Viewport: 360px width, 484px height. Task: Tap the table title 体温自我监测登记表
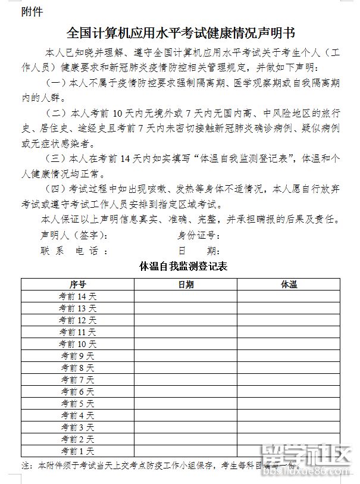click(x=183, y=266)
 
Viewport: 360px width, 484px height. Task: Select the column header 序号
click(x=77, y=285)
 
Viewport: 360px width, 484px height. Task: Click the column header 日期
click(x=186, y=285)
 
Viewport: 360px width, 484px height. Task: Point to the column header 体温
click(x=289, y=285)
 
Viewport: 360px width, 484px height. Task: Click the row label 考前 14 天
click(x=77, y=296)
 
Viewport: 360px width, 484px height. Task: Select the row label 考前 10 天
click(x=77, y=344)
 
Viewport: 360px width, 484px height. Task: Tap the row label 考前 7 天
click(x=77, y=380)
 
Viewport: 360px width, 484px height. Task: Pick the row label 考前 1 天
click(x=77, y=451)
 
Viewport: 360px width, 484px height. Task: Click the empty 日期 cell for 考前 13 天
click(x=186, y=308)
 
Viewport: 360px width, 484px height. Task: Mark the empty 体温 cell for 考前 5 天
click(x=289, y=404)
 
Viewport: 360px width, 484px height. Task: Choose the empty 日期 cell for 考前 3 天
click(x=186, y=427)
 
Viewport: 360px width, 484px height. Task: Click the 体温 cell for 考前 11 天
click(x=289, y=332)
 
